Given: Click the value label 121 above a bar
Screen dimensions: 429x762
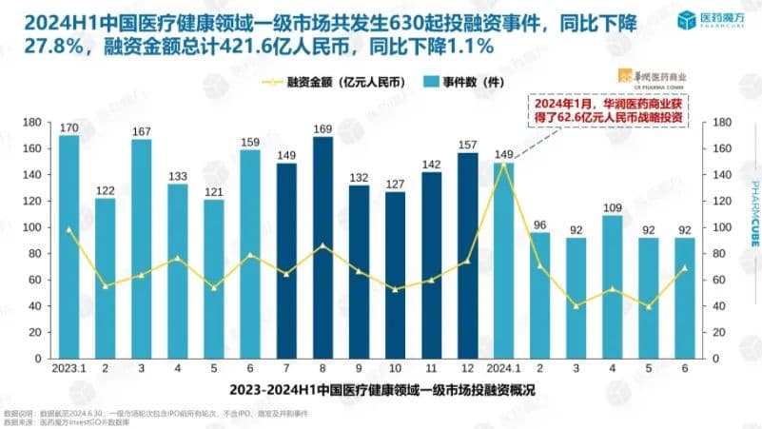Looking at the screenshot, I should point(214,191).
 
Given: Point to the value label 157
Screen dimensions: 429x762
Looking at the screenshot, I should point(468,145).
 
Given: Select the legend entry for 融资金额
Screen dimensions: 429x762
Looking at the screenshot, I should point(320,83).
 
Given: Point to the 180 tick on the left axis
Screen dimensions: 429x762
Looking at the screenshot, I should point(29,123).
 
